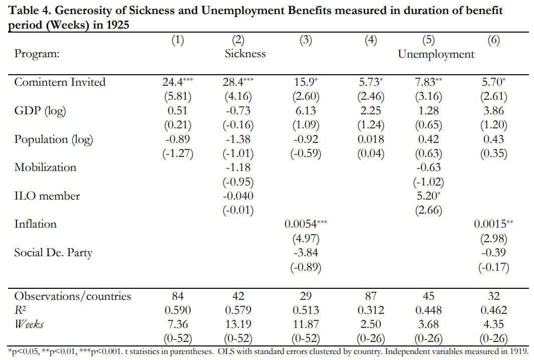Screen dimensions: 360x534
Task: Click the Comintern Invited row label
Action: [60, 82]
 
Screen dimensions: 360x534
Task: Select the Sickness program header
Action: [245, 54]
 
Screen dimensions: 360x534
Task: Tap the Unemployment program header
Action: [436, 54]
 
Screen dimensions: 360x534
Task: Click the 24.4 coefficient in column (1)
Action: [173, 82]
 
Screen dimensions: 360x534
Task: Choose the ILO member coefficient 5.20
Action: [427, 196]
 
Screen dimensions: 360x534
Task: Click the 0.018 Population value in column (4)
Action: [371, 139]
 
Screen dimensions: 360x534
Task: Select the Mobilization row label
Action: [45, 167]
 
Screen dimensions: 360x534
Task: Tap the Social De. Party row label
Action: [53, 253]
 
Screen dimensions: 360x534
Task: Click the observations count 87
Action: [371, 296]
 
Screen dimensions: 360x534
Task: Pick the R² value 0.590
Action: [178, 310]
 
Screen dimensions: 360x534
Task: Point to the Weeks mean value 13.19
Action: [238, 324]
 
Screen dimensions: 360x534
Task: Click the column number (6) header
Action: [493, 41]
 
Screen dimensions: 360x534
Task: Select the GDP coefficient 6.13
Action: [305, 111]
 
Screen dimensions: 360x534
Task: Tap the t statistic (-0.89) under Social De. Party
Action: [305, 267]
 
